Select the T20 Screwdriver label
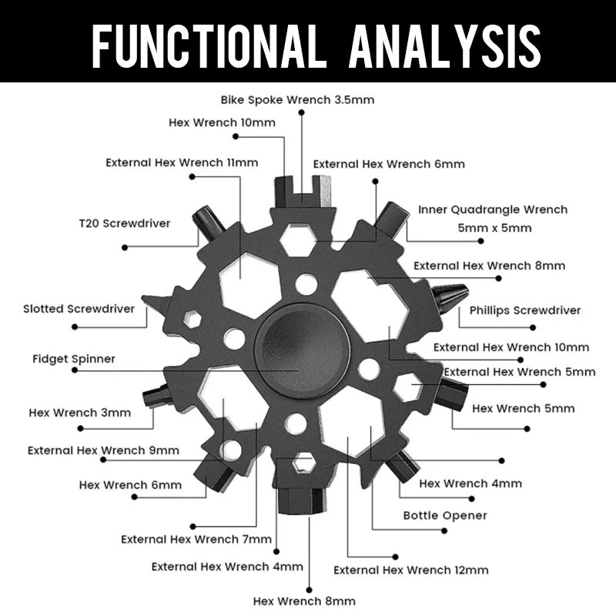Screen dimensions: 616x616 (x=124, y=223)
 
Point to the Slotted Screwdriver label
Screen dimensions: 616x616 (x=79, y=309)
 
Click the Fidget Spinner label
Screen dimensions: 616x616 (x=74, y=359)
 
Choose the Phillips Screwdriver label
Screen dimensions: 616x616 (x=525, y=310)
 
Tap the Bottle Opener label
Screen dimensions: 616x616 (x=445, y=515)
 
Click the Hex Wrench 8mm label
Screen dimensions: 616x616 (x=304, y=601)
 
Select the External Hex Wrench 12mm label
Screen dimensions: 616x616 (x=410, y=570)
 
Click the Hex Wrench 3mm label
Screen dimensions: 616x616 (x=80, y=412)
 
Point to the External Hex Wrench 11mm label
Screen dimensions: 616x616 (x=182, y=162)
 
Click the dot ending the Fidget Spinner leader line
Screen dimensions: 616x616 (x=74, y=370)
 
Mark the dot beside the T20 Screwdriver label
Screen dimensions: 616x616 (x=124, y=247)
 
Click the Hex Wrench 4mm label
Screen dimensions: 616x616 (x=470, y=484)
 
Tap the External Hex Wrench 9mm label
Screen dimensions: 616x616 (x=103, y=450)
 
